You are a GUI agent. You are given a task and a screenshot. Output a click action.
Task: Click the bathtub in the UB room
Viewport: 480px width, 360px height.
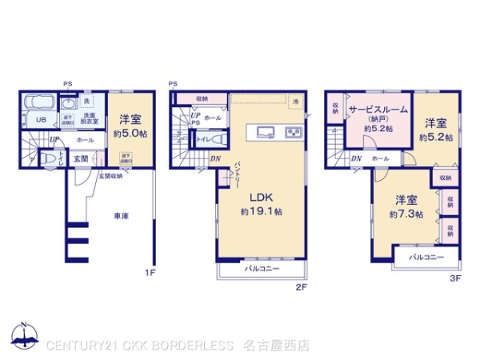[38, 104]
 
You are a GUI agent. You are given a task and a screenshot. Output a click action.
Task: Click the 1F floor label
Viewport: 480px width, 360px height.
[149, 274]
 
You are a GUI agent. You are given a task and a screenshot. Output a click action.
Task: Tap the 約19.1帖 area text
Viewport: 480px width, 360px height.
[261, 212]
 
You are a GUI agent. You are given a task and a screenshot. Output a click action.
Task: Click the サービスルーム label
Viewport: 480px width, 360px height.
[378, 109]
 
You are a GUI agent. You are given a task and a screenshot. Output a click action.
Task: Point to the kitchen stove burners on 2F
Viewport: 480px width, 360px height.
[294, 132]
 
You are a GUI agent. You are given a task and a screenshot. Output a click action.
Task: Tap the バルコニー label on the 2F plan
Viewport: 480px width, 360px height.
[262, 270]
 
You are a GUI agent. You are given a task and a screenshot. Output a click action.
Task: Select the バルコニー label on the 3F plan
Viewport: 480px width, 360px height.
[428, 258]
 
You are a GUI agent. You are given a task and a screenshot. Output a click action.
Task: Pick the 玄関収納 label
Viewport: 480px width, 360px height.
[110, 176]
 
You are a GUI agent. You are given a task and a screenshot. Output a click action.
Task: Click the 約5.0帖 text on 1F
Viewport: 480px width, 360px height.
[128, 133]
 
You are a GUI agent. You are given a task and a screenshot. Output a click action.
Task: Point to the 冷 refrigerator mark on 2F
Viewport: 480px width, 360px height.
[295, 101]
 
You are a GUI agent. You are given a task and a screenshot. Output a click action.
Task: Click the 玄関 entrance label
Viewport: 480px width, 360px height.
[81, 158]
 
